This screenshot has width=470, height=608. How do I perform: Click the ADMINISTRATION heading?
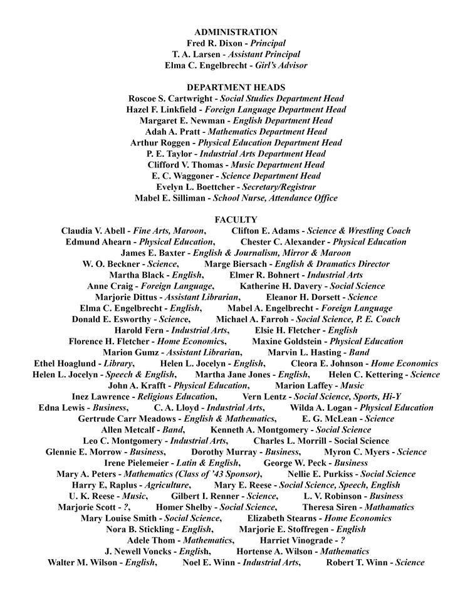pos(236,32)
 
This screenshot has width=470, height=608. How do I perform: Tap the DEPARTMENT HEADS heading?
pos(236,87)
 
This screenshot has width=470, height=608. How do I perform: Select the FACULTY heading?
pos(236,220)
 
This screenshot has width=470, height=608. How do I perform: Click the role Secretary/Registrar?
pos(279,187)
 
